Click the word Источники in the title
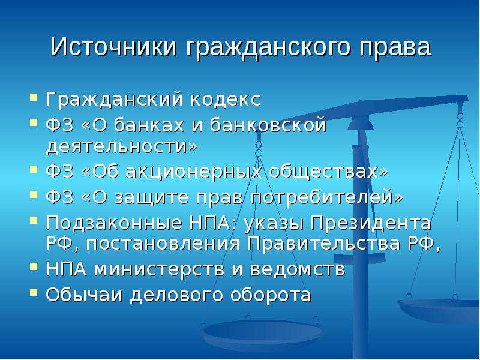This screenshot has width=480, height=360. pyautogui.click(x=113, y=47)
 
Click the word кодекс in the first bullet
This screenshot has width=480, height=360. pyautogui.click(x=226, y=99)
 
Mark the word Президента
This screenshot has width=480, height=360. pyautogui.click(x=371, y=223)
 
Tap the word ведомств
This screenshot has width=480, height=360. pyautogui.click(x=298, y=269)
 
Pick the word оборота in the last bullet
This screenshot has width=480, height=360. pyautogui.click(x=271, y=295)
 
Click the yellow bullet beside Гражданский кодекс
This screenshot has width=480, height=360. pyautogui.click(x=34, y=97)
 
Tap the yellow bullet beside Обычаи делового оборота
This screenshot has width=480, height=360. pyautogui.click(x=34, y=293)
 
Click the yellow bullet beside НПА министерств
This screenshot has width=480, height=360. pyautogui.click(x=34, y=266)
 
